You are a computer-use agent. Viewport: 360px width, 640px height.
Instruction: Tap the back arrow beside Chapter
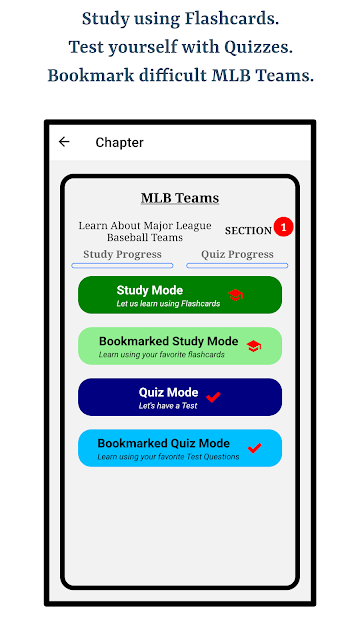click(64, 142)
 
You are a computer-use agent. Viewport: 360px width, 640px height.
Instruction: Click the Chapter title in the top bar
click(120, 142)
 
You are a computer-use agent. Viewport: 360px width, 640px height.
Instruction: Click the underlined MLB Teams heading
click(180, 198)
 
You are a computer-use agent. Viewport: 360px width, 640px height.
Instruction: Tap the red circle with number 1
click(284, 227)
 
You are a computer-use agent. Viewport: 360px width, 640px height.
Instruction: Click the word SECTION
click(248, 231)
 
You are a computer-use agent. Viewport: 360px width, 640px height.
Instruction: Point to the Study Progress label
click(122, 254)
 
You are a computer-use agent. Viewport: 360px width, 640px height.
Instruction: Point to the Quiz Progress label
click(237, 254)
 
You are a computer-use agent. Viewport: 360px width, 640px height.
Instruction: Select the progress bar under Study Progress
click(122, 266)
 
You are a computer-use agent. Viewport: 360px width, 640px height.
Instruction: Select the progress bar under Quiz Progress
click(237, 266)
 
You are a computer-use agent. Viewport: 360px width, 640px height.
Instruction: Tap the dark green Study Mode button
click(180, 295)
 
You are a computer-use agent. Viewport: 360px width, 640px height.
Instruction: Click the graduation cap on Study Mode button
click(236, 295)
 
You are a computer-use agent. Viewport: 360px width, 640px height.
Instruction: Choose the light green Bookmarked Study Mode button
click(180, 346)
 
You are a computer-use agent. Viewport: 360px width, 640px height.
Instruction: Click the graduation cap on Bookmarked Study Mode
click(254, 346)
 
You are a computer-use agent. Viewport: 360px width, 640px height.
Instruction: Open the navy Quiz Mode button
click(180, 397)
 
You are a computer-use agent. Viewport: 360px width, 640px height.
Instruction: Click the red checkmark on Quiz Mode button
click(213, 397)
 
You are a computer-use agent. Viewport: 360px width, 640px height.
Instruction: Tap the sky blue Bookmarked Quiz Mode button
click(180, 448)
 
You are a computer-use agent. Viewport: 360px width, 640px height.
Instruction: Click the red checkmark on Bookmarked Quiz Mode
click(254, 448)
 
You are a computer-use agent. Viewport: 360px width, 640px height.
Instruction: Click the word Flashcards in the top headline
click(231, 19)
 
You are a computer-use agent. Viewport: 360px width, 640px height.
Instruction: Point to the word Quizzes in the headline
click(258, 47)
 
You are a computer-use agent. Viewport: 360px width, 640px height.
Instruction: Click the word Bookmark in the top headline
click(91, 76)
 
